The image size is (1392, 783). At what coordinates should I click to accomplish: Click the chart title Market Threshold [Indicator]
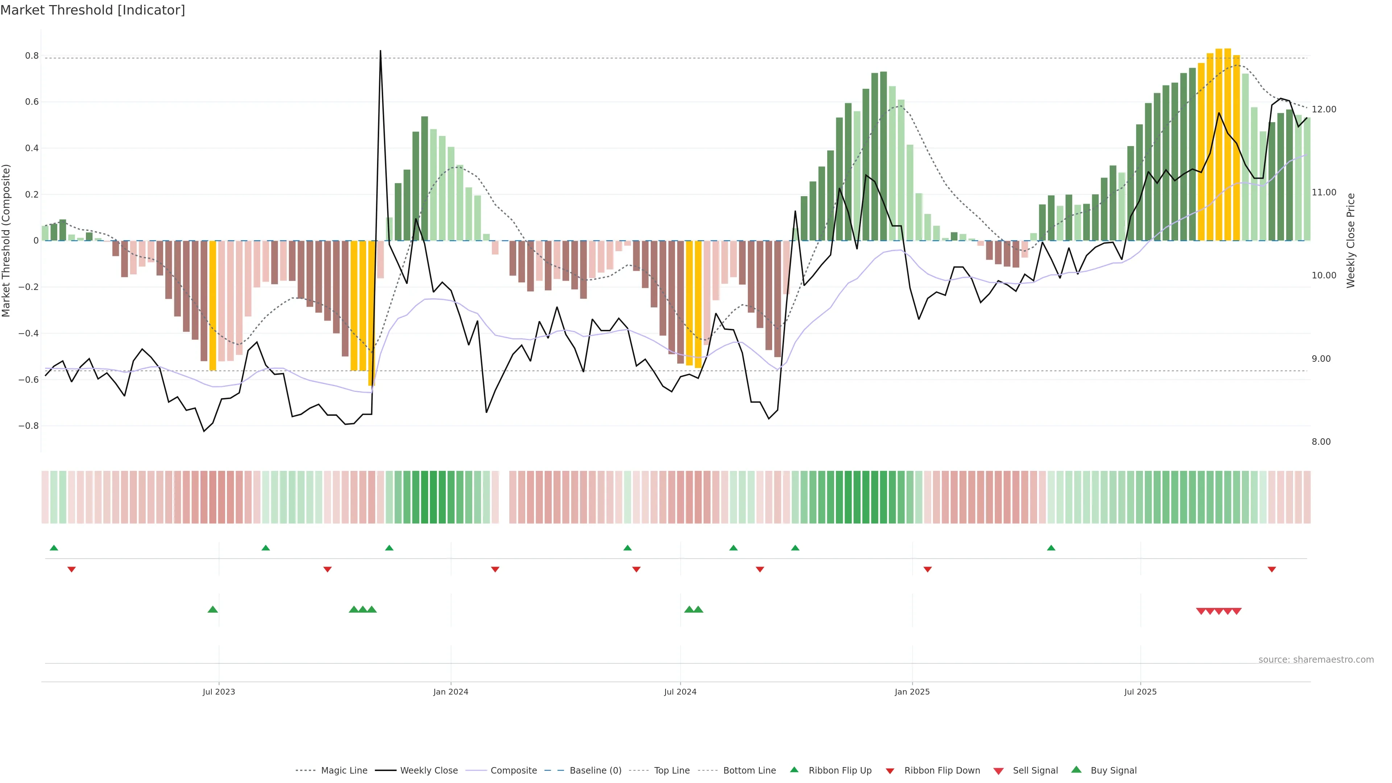(x=92, y=10)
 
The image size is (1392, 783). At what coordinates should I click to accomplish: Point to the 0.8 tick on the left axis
(x=32, y=56)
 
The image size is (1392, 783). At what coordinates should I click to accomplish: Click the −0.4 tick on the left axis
(x=29, y=333)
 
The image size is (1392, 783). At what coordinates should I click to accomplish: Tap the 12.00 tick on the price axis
(x=1323, y=109)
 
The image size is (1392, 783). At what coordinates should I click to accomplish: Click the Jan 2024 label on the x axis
(x=451, y=692)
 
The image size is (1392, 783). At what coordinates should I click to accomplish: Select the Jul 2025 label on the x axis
(x=1140, y=692)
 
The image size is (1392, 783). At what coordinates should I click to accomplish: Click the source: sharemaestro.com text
(x=1316, y=660)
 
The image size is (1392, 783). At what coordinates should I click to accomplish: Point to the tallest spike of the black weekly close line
(x=380, y=51)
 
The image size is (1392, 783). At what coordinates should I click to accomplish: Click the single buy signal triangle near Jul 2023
(x=213, y=609)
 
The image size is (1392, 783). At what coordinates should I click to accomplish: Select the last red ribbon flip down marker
(x=1272, y=569)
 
